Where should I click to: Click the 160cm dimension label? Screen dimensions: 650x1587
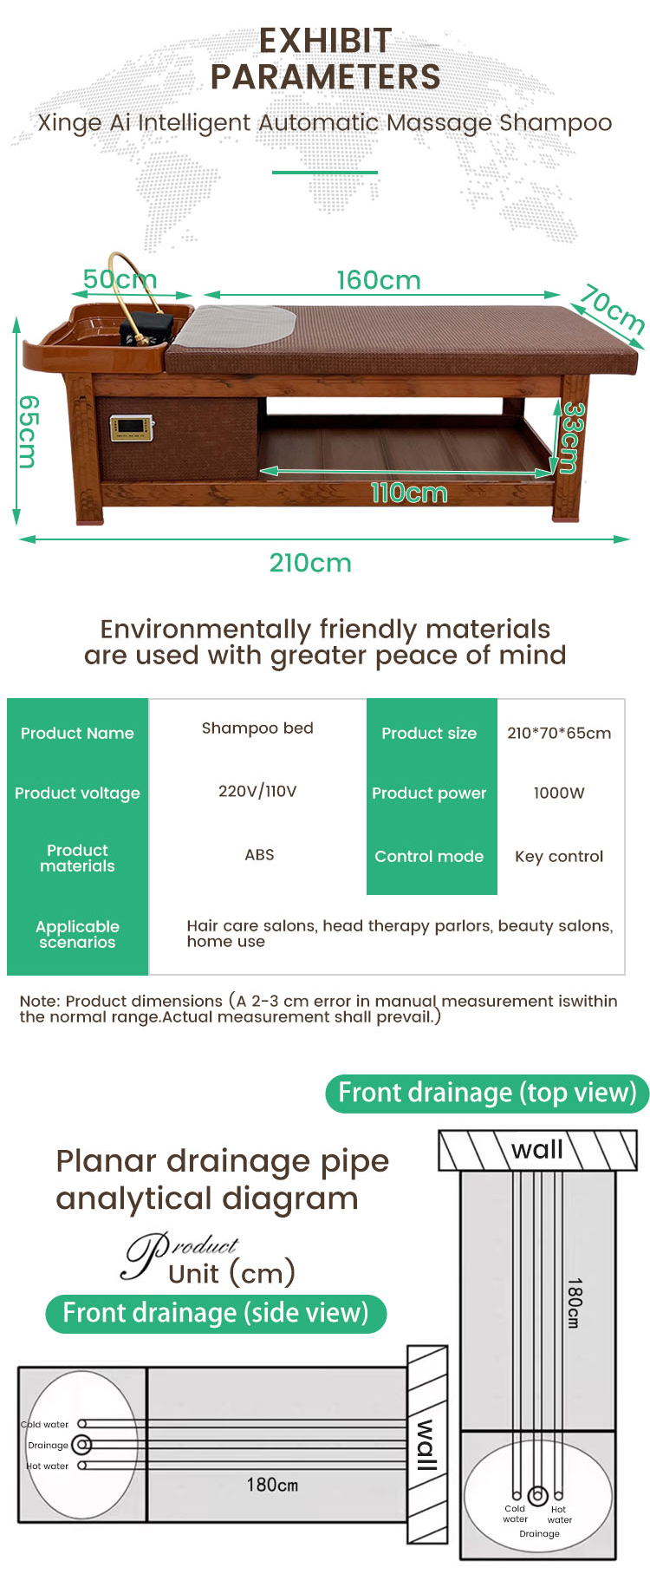pyautogui.click(x=379, y=280)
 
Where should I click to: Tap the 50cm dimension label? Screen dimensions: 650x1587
pyautogui.click(x=120, y=279)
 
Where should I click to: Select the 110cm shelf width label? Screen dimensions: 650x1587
pyautogui.click(x=409, y=493)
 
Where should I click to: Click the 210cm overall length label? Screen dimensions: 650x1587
pyautogui.click(x=310, y=563)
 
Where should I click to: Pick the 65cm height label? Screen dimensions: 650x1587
pyautogui.click(x=29, y=431)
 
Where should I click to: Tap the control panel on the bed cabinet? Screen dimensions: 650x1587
pyautogui.click(x=132, y=428)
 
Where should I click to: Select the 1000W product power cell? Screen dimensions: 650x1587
pyautogui.click(x=559, y=793)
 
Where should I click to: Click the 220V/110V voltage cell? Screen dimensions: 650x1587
pyautogui.click(x=257, y=791)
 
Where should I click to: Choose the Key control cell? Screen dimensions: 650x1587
pyautogui.click(x=559, y=857)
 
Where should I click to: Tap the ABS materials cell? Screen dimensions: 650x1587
pyautogui.click(x=259, y=855)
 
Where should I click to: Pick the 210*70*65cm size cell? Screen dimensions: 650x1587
pyautogui.click(x=559, y=733)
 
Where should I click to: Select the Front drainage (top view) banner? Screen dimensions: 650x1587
pyautogui.click(x=487, y=1093)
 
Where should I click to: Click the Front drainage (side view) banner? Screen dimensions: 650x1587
pyautogui.click(x=216, y=1313)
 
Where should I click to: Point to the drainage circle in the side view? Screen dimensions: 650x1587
pyautogui.click(x=82, y=1445)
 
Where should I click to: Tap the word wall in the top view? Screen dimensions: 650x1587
pyautogui.click(x=537, y=1150)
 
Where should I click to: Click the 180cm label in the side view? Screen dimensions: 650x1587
pyautogui.click(x=272, y=1485)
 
